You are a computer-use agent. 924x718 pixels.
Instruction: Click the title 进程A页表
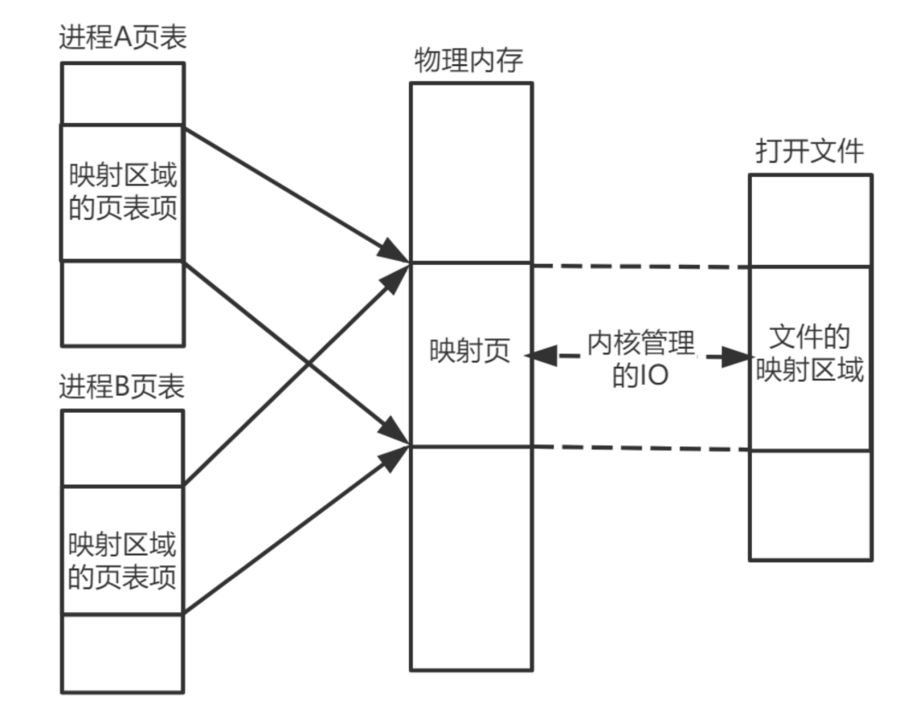coord(122,38)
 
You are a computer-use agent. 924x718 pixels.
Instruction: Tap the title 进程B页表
coord(122,387)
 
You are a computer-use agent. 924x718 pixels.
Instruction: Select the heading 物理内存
coord(469,62)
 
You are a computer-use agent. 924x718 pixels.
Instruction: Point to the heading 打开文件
coord(809,152)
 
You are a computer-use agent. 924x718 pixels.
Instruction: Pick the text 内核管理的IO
coord(641,358)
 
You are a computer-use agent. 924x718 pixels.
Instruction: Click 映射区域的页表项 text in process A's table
coord(122,192)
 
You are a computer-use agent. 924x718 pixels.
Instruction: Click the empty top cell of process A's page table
coord(122,94)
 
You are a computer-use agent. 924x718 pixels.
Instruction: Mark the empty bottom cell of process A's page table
coord(122,303)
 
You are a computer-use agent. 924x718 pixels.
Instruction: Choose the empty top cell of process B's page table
coord(122,449)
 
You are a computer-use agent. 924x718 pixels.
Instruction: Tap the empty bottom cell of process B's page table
coord(122,653)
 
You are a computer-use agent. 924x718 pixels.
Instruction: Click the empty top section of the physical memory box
coord(471,171)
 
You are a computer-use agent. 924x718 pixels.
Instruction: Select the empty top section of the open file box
coord(810,221)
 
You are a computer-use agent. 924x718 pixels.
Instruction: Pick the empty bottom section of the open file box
coord(810,504)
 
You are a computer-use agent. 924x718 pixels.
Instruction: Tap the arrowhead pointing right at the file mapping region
coord(736,357)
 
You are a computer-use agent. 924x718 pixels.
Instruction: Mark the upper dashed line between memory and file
coord(640,266)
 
